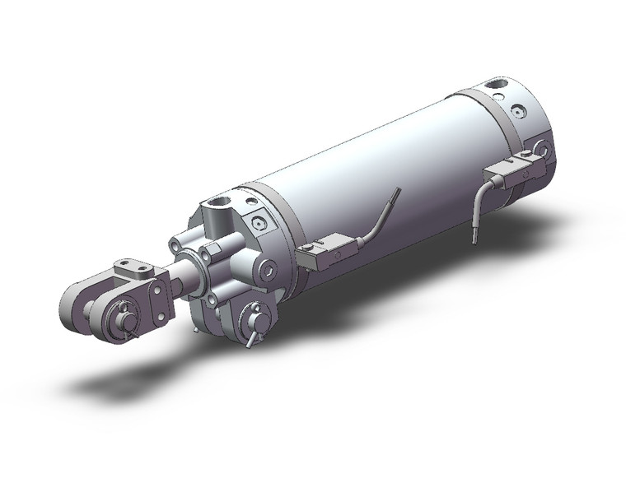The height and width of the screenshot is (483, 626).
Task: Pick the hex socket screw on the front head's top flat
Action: tap(261, 222)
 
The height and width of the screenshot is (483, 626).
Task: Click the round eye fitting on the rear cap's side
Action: tap(541, 149)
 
